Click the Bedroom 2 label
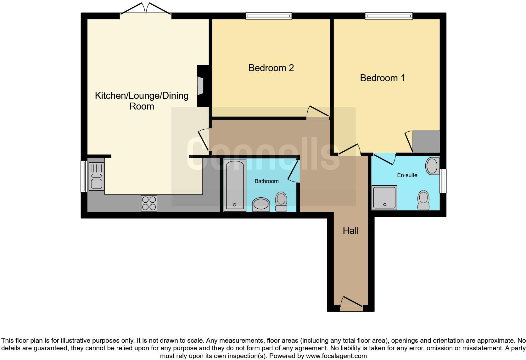click(271, 68)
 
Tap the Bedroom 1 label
click(382, 78)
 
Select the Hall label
click(350, 231)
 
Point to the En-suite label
click(407, 175)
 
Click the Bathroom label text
click(266, 181)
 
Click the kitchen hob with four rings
click(149, 203)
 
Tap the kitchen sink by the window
click(96, 176)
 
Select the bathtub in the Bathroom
click(235, 185)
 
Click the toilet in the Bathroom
click(281, 202)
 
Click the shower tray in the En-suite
click(384, 198)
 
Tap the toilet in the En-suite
click(423, 200)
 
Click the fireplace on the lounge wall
click(200, 86)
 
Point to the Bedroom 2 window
click(269, 16)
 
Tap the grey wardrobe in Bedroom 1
click(426, 142)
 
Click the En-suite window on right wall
click(443, 181)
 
